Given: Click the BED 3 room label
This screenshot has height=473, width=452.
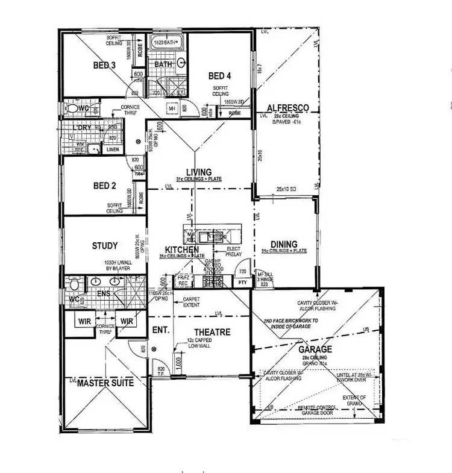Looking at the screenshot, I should [x=104, y=65].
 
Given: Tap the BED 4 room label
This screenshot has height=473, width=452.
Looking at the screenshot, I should [x=220, y=76].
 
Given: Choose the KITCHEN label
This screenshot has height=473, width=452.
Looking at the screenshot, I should [x=182, y=249].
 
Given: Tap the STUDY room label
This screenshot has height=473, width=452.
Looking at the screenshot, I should [x=104, y=246].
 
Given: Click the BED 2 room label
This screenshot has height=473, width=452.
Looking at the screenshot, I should [x=104, y=186].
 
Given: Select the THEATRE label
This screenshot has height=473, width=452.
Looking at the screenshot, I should [x=212, y=332].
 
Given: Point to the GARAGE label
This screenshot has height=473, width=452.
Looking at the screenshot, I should [x=315, y=349].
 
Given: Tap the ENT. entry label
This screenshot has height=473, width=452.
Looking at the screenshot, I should [x=160, y=331].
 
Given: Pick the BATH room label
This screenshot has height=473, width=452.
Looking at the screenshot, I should [x=163, y=64].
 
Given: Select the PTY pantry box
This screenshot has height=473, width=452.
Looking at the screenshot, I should [x=242, y=282].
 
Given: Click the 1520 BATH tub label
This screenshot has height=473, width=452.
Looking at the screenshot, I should [x=165, y=43].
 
